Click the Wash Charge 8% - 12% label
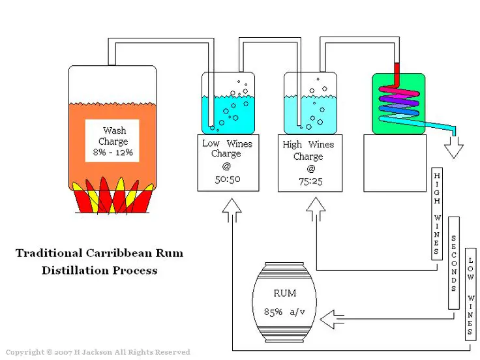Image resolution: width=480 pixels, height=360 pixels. pyautogui.click(x=112, y=141)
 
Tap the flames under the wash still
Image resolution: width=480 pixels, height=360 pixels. pyautogui.click(x=112, y=195)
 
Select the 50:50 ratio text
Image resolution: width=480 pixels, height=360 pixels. pyautogui.click(x=228, y=179)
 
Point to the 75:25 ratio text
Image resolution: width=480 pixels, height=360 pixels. pyautogui.click(x=310, y=181)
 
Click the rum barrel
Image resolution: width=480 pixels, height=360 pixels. pyautogui.click(x=284, y=302)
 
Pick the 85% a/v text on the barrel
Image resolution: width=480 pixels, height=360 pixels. pyautogui.click(x=284, y=312)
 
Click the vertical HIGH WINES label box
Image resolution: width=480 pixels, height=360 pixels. pyautogui.click(x=437, y=214)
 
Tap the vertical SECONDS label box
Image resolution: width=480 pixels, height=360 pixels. pyautogui.click(x=454, y=263)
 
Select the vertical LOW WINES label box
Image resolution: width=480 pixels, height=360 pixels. pyautogui.click(x=470, y=295)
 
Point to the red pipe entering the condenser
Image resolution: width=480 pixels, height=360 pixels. pyautogui.click(x=397, y=74)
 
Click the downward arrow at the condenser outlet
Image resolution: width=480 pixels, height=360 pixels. pyautogui.click(x=454, y=147)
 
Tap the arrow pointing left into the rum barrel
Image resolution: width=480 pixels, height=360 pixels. pyautogui.click(x=332, y=319)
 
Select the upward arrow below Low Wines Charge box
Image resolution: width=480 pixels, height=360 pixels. pyautogui.click(x=232, y=210)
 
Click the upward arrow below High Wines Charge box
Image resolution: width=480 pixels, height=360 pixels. pyautogui.click(x=316, y=209)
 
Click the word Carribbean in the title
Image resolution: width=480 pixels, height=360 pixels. pyautogui.click(x=119, y=253)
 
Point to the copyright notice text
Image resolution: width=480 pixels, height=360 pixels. pyautogui.click(x=98, y=352)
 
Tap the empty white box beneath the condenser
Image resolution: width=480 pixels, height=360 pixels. pyautogui.click(x=395, y=163)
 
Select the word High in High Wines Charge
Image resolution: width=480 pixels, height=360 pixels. pyautogui.click(x=292, y=145)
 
